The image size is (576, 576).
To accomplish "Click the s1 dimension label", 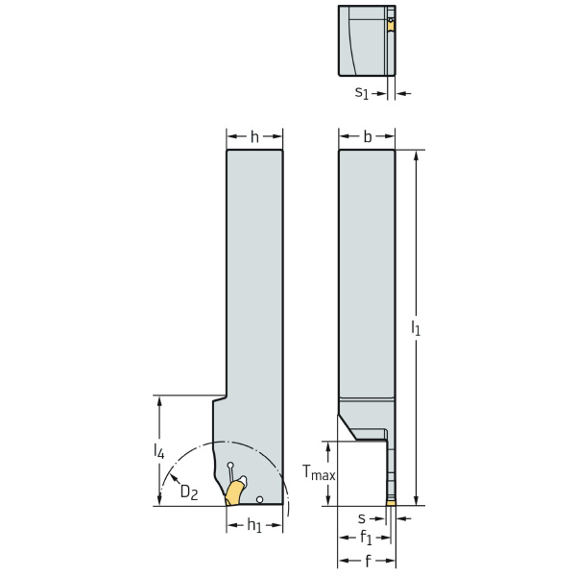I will coord(362,92).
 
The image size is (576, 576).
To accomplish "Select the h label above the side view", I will coord(254,136).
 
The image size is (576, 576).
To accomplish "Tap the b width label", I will coord(367,136).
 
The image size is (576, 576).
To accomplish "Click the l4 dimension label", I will coord(159,448).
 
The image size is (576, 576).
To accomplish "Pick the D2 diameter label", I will coord(190,492).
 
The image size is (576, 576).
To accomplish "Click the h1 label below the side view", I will coord(254,525).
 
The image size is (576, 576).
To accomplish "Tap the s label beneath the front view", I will coord(361,518).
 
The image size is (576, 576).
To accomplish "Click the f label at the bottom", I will coord(366,560).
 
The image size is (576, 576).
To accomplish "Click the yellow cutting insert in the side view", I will coord(234,492).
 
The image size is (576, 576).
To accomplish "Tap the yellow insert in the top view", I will coord(391,26).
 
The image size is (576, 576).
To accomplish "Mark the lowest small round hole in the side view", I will coord(260,499).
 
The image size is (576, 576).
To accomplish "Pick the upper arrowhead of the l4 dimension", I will coord(159,399).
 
